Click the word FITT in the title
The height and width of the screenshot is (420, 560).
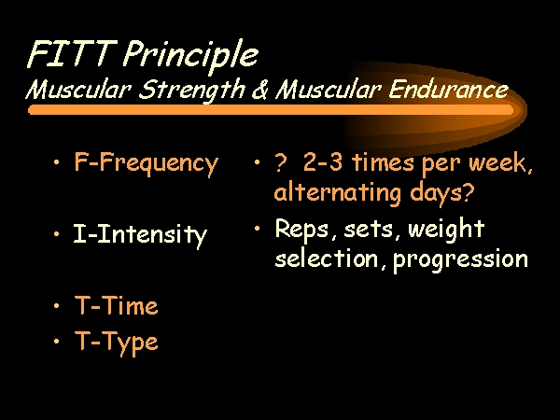72,53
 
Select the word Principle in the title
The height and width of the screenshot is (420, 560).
190,56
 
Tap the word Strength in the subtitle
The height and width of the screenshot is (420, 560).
191,90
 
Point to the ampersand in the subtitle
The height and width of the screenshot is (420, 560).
260,90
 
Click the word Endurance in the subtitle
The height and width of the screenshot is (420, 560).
448,89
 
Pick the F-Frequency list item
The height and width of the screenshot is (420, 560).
146,163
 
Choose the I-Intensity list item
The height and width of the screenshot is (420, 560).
140,235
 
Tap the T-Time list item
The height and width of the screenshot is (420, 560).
116,306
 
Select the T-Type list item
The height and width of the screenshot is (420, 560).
116,343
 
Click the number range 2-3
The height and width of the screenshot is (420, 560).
323,161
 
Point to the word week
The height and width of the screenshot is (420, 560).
500,162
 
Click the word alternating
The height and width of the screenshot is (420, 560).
338,193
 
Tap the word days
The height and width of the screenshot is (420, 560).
438,193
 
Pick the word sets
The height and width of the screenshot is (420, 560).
369,230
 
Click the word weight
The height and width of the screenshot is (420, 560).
446,229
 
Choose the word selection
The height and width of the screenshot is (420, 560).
327,258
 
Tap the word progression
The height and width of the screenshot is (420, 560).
460,260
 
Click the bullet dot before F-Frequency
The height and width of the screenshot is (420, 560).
56,162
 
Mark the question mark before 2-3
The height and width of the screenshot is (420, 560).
281,162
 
